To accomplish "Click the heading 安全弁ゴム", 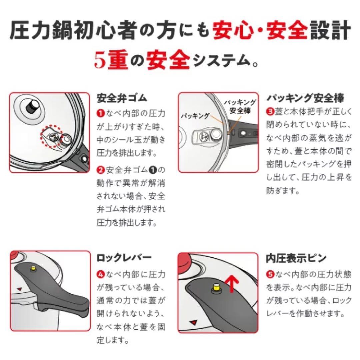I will click(x=122, y=99).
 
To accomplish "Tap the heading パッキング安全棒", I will click(x=305, y=98).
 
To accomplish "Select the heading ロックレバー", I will click(x=124, y=258).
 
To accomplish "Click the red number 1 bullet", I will click(x=101, y=113).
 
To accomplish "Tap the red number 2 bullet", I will click(x=101, y=170).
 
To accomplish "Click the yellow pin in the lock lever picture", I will click(x=34, y=269).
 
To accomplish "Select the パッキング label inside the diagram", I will click(x=195, y=116).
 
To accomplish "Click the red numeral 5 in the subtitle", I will click(x=99, y=60).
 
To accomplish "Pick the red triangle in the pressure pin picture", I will click(x=193, y=322).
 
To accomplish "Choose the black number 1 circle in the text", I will click(x=153, y=170).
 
